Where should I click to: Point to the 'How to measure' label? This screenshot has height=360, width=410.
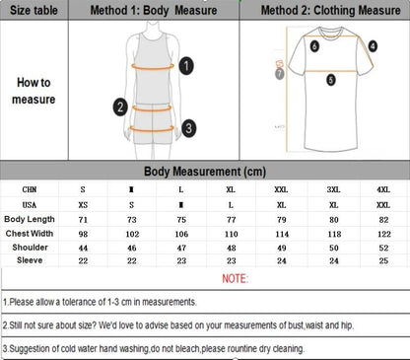tap(33, 91)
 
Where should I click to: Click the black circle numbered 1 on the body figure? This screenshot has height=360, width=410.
tap(187, 65)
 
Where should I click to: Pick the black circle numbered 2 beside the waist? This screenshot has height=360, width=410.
tap(120, 107)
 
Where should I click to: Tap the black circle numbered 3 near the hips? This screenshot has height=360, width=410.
tap(189, 127)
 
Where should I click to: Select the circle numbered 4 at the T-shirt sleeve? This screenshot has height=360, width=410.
tap(373, 45)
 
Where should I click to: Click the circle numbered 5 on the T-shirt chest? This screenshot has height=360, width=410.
tap(331, 79)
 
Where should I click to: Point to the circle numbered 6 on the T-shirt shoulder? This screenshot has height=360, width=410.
tap(314, 45)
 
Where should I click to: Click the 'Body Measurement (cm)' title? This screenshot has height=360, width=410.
tap(204, 171)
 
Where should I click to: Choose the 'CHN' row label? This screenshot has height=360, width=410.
tap(30, 187)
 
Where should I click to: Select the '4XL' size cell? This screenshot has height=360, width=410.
tap(383, 187)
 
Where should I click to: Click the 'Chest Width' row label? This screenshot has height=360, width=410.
tap(30, 233)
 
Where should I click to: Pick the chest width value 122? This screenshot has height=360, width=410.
tap(383, 233)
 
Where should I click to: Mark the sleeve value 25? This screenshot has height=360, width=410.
tap(383, 260)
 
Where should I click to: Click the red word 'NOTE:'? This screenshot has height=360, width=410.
tap(235, 280)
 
